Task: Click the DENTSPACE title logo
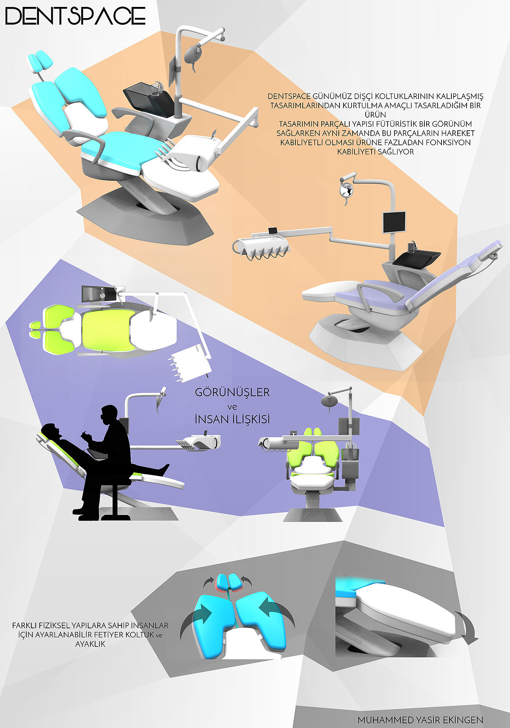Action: click(75, 16)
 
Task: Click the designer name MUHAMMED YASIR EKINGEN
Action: click(420, 720)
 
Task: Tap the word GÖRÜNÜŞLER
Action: click(232, 392)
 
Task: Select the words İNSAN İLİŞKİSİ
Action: click(232, 419)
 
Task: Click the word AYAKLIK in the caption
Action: click(90, 644)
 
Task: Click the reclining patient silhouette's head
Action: click(51, 431)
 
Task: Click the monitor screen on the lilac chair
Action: click(394, 222)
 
